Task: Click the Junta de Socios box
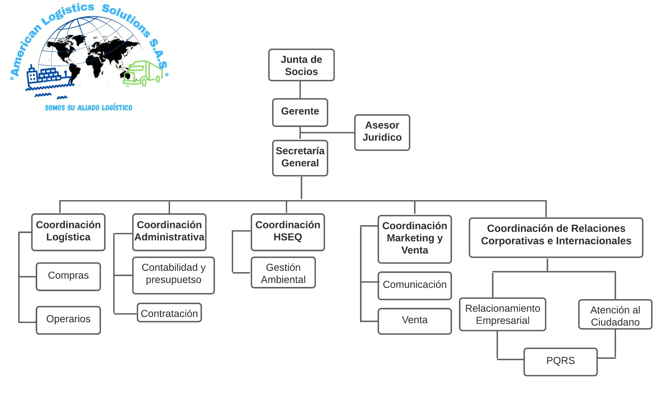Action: coord(301,65)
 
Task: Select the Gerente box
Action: coord(300,112)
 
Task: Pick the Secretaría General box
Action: coord(300,158)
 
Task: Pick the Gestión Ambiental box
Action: coord(283,272)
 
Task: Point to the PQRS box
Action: coord(560,361)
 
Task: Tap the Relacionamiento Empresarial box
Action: coord(502,314)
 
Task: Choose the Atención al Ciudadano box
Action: coord(615,314)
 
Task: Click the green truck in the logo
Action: coord(144,73)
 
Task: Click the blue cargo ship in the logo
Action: coord(48,77)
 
